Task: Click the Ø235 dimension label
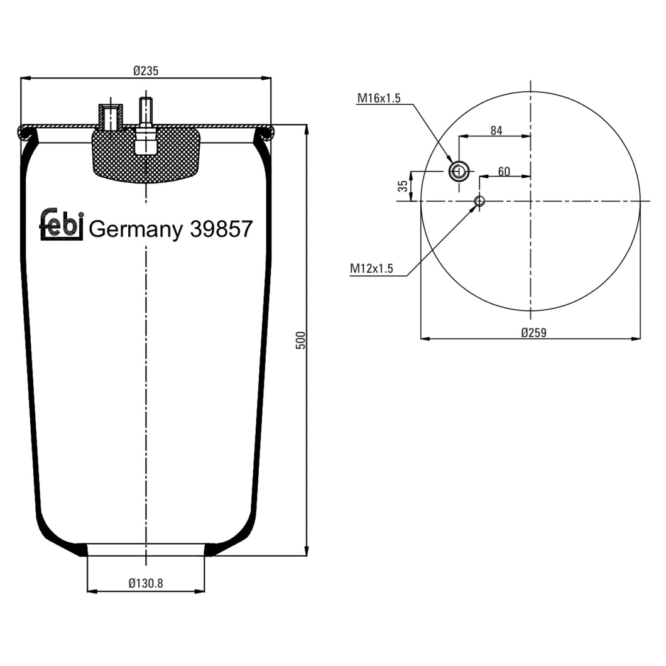pyautogui.click(x=145, y=71)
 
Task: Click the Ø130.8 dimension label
pyautogui.click(x=145, y=584)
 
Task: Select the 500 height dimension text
pyautogui.click(x=300, y=340)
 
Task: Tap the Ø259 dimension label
pyautogui.click(x=533, y=332)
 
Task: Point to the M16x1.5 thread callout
pyautogui.click(x=379, y=97)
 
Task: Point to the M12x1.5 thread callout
pyautogui.click(x=371, y=269)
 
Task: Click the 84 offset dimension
pyautogui.click(x=496, y=130)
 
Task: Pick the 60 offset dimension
pyautogui.click(x=503, y=171)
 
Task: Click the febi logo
pyautogui.click(x=62, y=224)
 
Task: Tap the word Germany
pyautogui.click(x=134, y=229)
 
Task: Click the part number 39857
pyautogui.click(x=221, y=229)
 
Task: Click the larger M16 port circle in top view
pyautogui.click(x=458, y=171)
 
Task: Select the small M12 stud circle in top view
pyautogui.click(x=479, y=201)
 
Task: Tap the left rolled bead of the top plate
pyautogui.click(x=26, y=132)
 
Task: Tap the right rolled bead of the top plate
pyautogui.click(x=265, y=132)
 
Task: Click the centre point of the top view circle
pyautogui.click(x=531, y=201)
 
